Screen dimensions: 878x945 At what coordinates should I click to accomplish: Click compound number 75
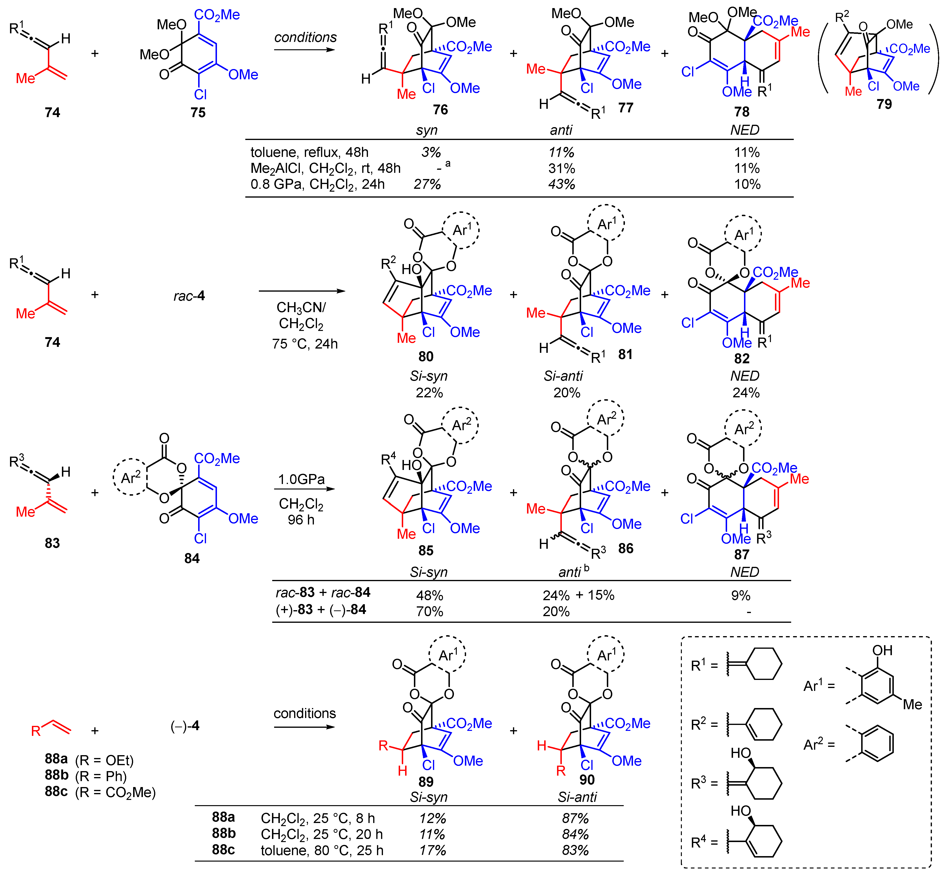click(x=198, y=113)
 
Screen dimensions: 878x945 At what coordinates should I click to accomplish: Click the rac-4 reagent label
click(x=189, y=296)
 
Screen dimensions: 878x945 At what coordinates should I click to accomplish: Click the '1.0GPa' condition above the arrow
click(x=301, y=479)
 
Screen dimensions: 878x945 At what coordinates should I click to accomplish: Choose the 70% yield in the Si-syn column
click(x=429, y=611)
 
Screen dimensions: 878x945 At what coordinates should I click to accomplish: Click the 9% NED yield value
click(x=741, y=595)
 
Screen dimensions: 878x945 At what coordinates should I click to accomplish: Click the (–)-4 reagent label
click(x=185, y=726)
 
